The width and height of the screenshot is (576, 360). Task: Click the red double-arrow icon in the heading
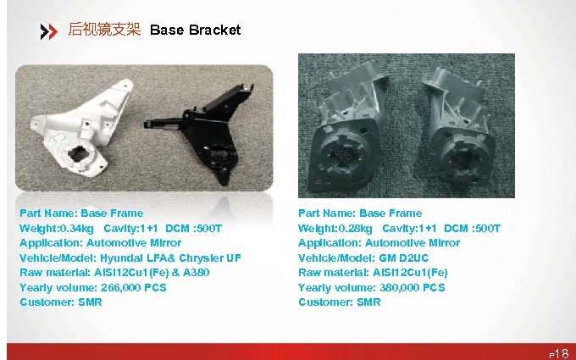coord(49,31)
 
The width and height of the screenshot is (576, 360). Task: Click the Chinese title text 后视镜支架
coord(103,30)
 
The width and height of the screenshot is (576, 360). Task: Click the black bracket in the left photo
coord(200,128)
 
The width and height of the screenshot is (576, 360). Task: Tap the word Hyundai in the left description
coord(123,258)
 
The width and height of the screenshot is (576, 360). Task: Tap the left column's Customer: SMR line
coord(60,302)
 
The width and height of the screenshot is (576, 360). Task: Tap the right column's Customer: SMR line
coord(339,302)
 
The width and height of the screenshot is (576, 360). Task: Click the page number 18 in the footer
coord(563,352)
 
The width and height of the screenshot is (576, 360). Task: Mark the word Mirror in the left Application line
coord(162,243)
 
